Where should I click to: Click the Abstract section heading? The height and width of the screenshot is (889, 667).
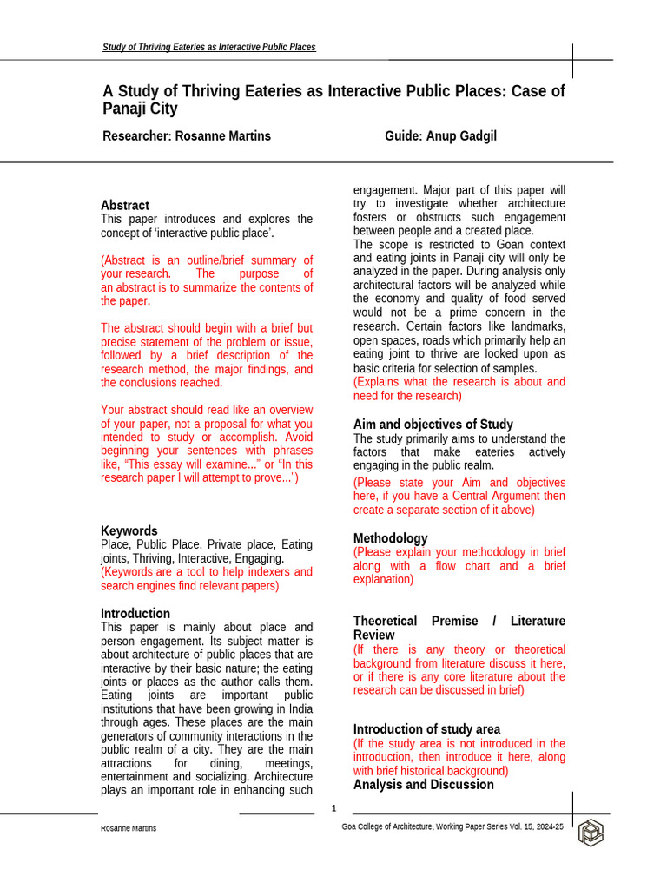click(125, 205)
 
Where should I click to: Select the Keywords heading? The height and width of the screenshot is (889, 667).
click(129, 530)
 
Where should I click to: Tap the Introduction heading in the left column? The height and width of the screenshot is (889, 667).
click(135, 613)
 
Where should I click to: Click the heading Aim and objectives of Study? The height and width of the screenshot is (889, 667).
click(433, 424)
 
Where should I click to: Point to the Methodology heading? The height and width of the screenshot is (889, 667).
click(390, 538)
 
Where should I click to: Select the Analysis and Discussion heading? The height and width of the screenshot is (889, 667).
click(424, 784)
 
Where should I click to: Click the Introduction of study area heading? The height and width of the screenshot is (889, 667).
click(426, 729)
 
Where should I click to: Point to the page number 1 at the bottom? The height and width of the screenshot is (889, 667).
click(333, 809)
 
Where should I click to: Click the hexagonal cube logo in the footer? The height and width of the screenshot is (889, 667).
click(591, 833)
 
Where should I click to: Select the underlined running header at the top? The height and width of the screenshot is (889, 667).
click(209, 47)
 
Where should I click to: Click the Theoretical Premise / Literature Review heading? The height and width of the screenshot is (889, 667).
click(459, 628)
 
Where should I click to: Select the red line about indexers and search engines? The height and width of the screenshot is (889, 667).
click(207, 579)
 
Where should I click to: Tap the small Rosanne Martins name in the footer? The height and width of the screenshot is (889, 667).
click(129, 828)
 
